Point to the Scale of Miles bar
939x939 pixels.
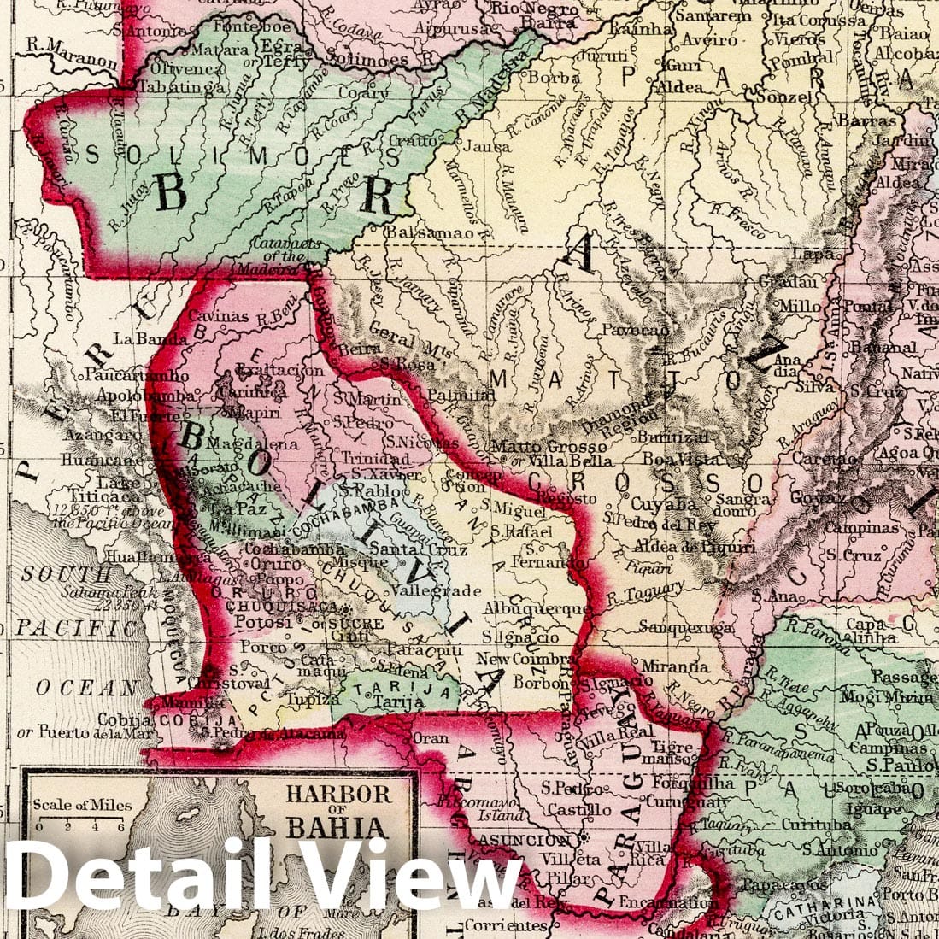coord(81,825)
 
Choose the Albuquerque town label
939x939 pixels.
coord(536,608)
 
